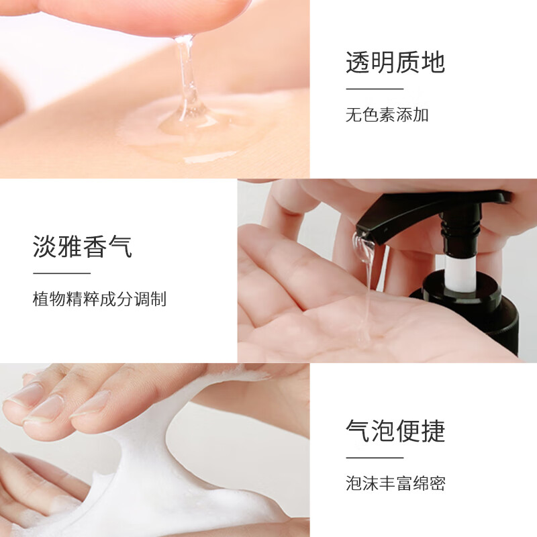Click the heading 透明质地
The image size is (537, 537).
tap(395, 62)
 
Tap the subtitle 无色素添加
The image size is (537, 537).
tap(387, 115)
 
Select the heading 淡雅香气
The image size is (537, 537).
tap(82, 246)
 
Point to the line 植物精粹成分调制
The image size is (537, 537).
tap(99, 299)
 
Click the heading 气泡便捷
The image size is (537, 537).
tap(395, 431)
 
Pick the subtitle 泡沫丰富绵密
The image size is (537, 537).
tap(395, 483)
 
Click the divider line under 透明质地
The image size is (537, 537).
tap(375, 89)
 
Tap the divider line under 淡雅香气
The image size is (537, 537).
tap(62, 273)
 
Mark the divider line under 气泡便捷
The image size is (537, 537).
tap(375, 458)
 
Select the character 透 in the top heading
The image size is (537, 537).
tap(358, 62)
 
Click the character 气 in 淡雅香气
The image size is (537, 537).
tap(120, 246)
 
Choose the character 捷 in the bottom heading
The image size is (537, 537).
tap(433, 431)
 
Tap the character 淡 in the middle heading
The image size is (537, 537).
tap(45, 246)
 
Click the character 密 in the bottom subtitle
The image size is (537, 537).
tap(438, 483)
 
